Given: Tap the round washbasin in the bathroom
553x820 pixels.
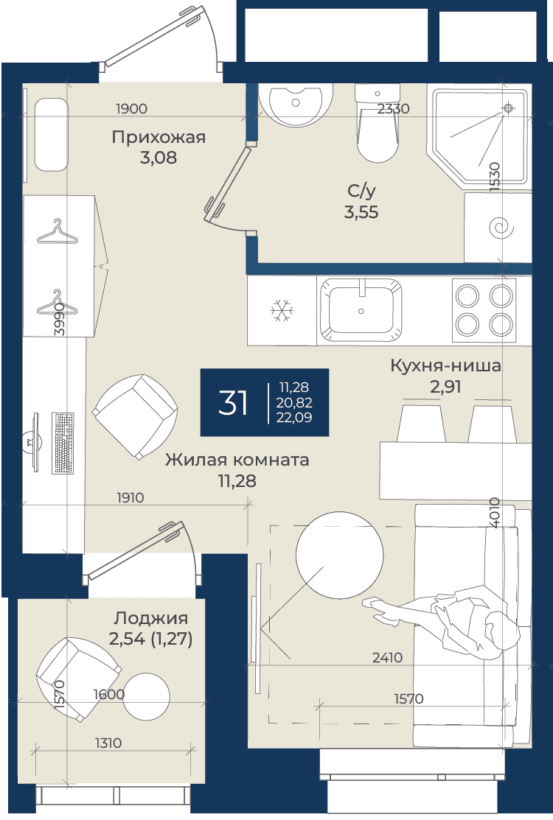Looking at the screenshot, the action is point(296,104).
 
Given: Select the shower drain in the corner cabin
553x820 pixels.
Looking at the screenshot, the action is point(507,108).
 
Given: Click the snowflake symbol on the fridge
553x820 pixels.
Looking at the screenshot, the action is point(282,311).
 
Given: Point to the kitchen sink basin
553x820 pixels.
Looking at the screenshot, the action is point(361,309).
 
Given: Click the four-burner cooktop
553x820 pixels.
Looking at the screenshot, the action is point(484,311).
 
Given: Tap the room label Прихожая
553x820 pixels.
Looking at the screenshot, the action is point(159,138).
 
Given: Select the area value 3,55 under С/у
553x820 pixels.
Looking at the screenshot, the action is point(361,212).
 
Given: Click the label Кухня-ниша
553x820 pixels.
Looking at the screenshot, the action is point(446,365).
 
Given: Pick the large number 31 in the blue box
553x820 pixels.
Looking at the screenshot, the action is point(233,402).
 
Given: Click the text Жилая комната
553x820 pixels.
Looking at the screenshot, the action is point(237,460).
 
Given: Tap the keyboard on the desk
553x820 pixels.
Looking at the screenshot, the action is point(63,443).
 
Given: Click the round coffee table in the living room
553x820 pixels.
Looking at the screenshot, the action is point(340,556).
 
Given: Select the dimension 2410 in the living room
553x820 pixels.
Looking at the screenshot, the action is point(387,657).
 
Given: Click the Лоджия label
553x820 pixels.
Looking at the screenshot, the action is point(150,618).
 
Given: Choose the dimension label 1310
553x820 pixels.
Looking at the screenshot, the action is point(108,743).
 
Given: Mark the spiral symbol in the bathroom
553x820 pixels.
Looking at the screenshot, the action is point(501,228).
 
